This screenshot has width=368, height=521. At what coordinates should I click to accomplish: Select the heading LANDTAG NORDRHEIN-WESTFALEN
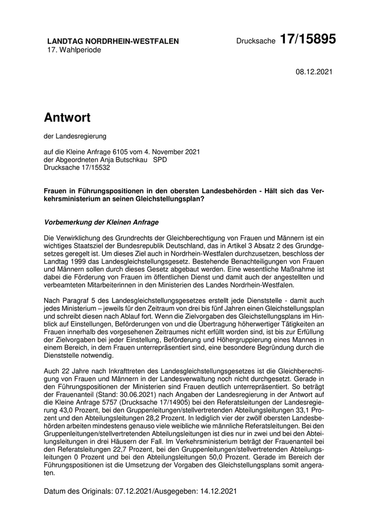(113, 41)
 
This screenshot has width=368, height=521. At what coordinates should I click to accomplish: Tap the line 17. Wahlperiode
(74, 50)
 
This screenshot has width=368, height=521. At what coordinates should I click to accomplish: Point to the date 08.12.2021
(314, 72)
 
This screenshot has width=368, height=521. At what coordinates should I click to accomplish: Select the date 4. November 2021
(172, 152)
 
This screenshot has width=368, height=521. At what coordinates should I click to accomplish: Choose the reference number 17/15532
(105, 168)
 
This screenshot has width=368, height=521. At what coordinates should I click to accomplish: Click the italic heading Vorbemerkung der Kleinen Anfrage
(101, 222)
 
